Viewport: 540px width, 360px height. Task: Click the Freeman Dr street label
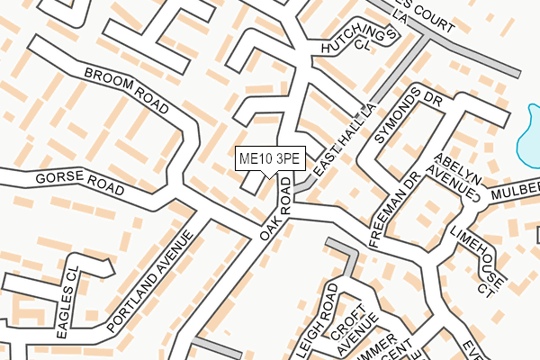click(x=395, y=211)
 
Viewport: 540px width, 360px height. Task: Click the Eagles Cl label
click(x=67, y=308)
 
